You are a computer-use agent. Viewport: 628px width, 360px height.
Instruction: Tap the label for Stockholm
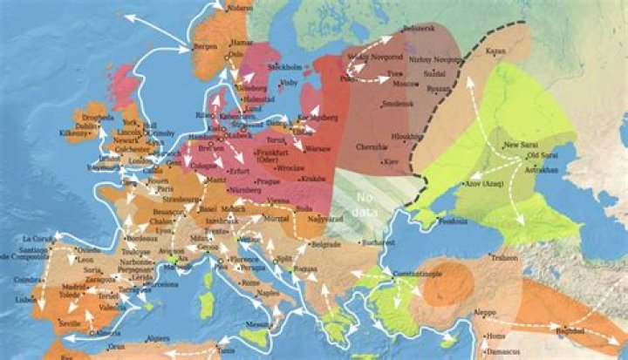click(284, 67)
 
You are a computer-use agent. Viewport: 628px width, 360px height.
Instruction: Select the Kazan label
click(495, 51)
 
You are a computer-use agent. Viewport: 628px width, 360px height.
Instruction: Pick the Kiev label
click(391, 162)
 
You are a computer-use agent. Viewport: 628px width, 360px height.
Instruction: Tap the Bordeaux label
click(141, 238)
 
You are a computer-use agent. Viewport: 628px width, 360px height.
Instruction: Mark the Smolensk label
click(398, 105)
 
